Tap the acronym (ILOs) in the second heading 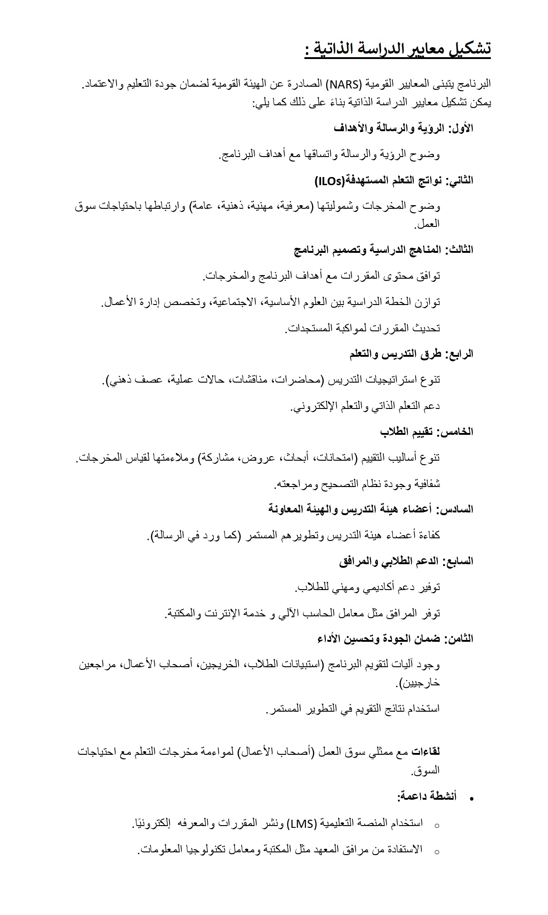coord(330,181)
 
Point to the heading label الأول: coord(460,128)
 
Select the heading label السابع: coord(457,561)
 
